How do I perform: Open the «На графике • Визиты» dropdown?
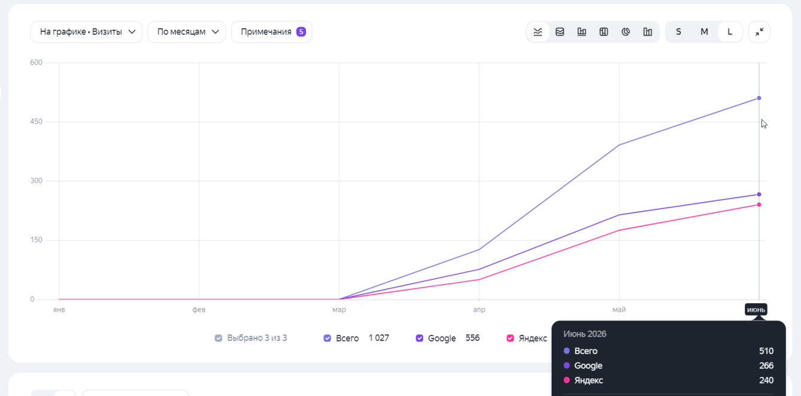click(x=86, y=32)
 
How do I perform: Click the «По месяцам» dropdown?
click(x=187, y=32)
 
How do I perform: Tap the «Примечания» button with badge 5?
click(x=272, y=32)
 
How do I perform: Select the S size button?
click(x=678, y=32)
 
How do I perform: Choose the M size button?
click(x=704, y=32)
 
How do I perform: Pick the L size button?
click(x=730, y=32)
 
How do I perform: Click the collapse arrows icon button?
click(x=759, y=32)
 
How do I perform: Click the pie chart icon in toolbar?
click(x=625, y=32)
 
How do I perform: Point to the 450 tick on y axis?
click(x=36, y=121)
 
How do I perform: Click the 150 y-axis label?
click(x=36, y=240)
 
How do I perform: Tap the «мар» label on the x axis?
click(x=339, y=310)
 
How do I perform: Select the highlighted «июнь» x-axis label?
click(x=756, y=310)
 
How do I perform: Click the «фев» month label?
click(x=199, y=310)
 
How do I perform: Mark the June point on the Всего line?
click(x=759, y=98)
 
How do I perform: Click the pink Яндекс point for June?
click(x=759, y=205)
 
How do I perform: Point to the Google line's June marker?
click(x=759, y=194)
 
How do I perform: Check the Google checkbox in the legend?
click(x=420, y=338)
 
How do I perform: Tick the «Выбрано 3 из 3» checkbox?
click(x=218, y=338)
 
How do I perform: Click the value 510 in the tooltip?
click(x=766, y=351)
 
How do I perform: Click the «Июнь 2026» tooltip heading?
click(x=585, y=334)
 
